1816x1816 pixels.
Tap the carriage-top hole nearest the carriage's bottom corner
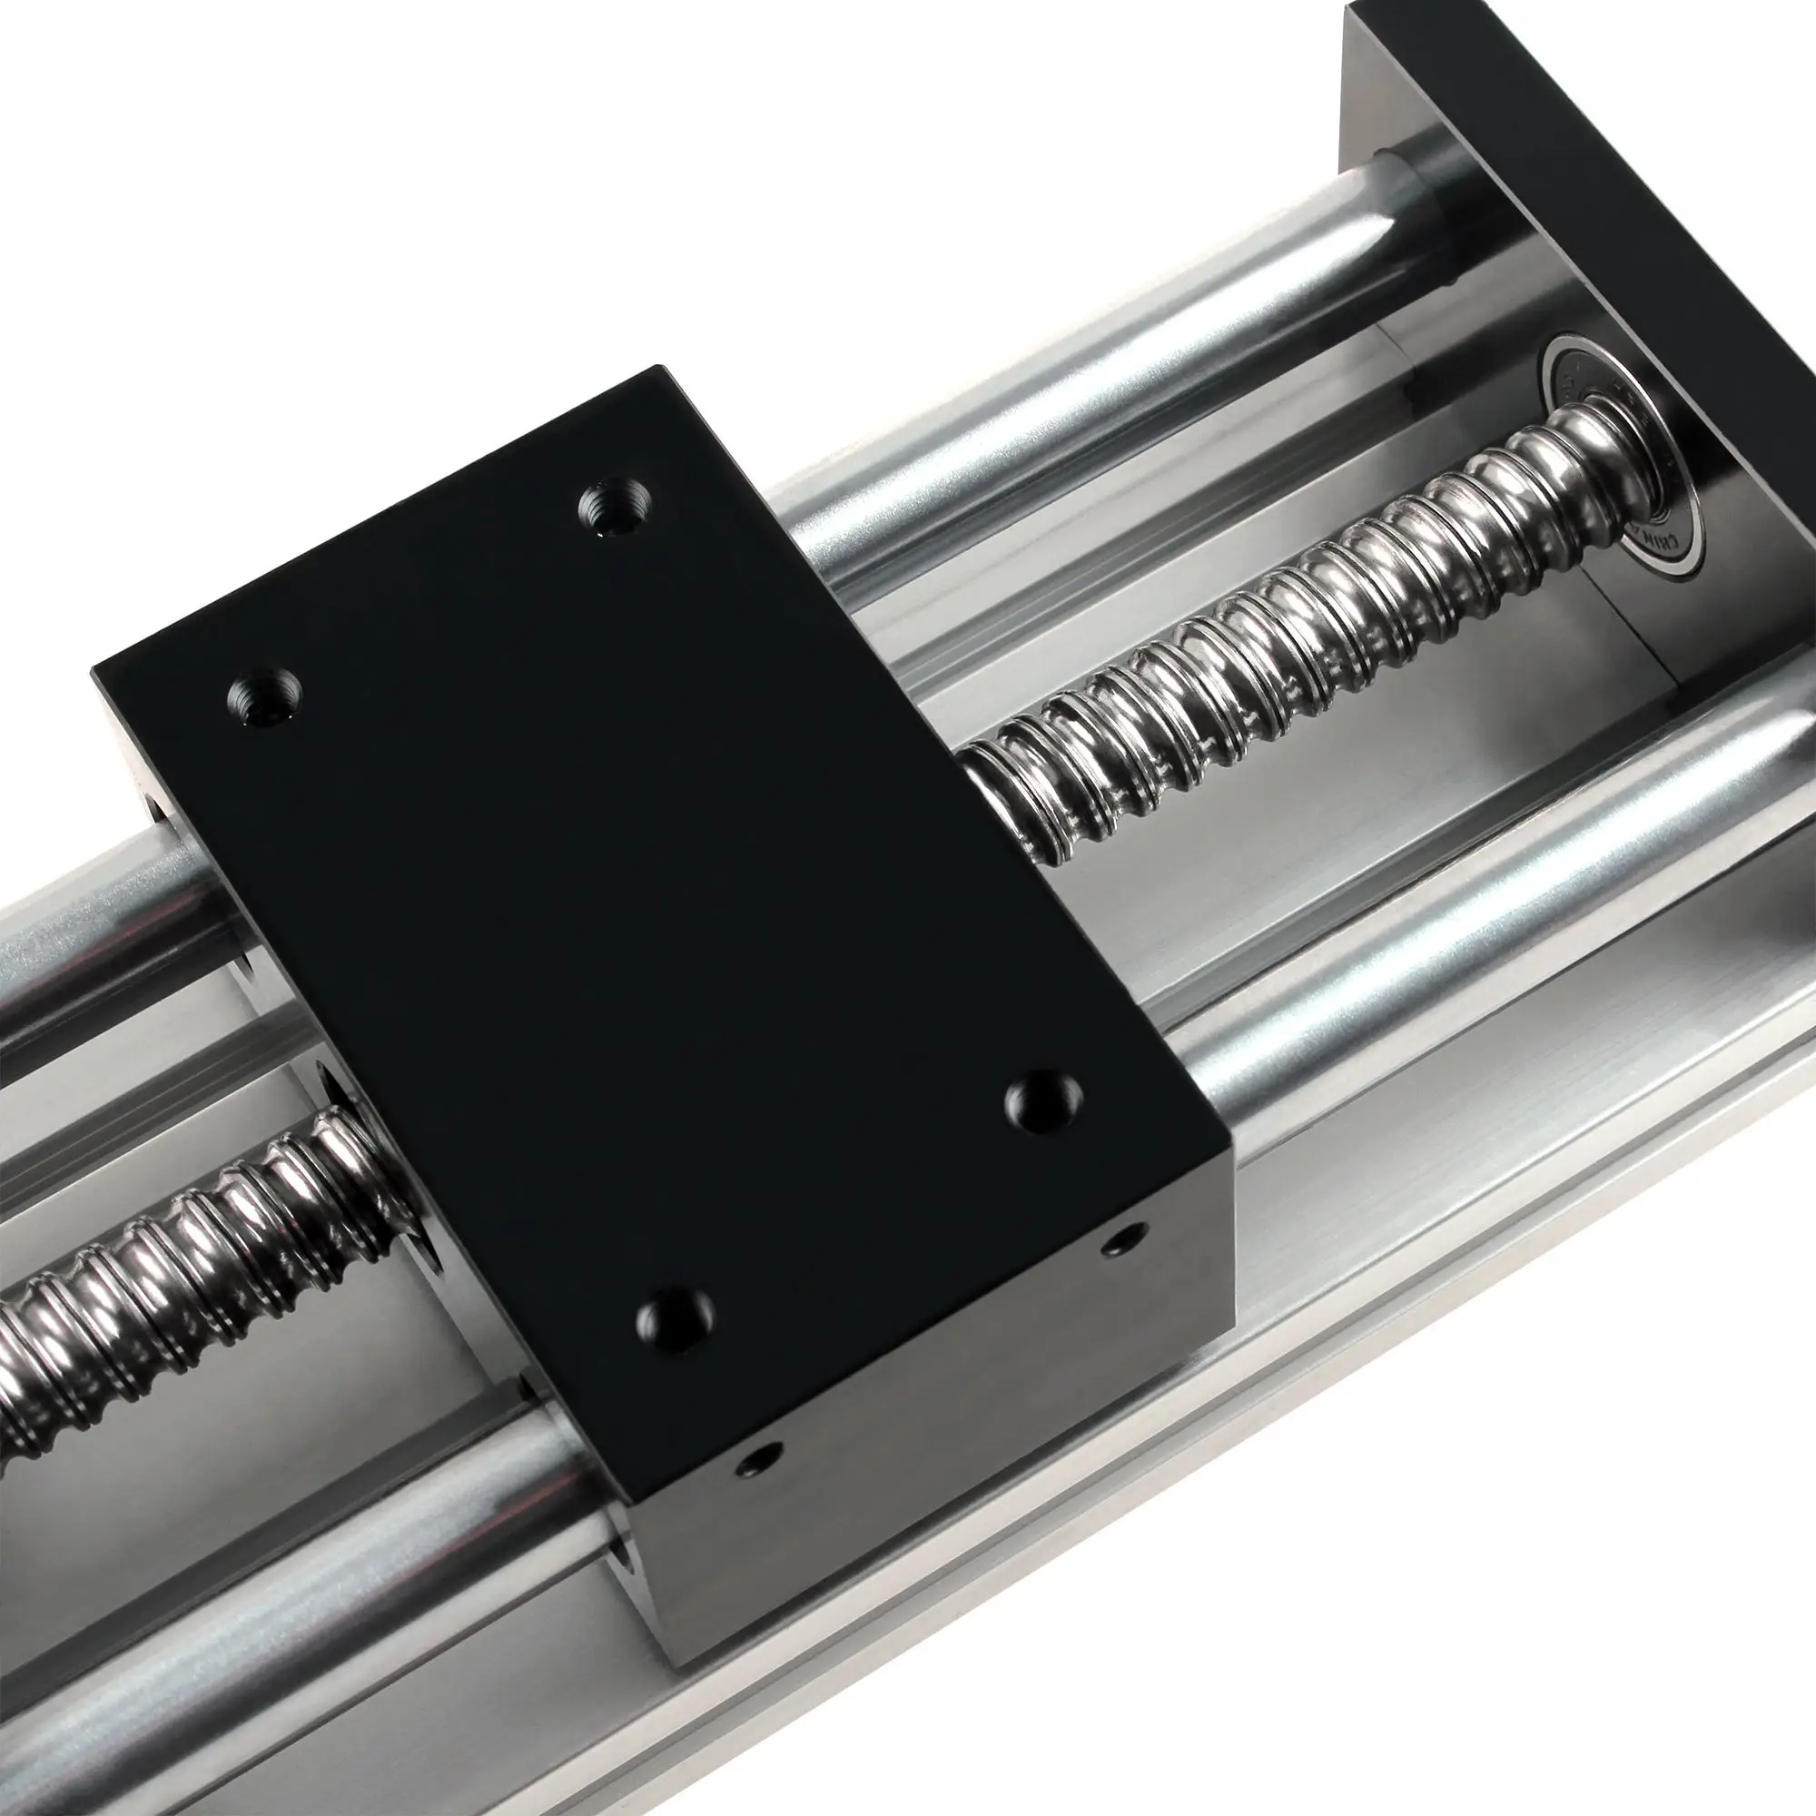pyautogui.click(x=674, y=1320)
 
